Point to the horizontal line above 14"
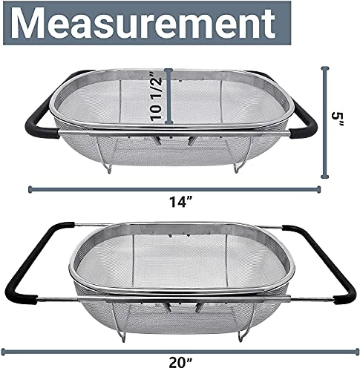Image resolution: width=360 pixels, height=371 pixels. (x=175, y=188)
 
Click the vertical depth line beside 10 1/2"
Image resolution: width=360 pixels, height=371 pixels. (x=169, y=94)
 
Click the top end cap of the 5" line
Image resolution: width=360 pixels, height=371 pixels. (x=325, y=68)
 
